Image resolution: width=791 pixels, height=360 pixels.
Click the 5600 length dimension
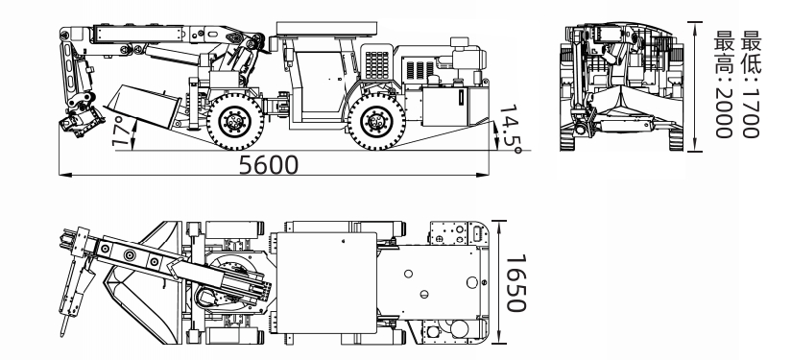point(269,165)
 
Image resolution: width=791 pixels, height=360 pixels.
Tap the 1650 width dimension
point(515,283)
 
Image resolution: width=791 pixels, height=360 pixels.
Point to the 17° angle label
point(120,132)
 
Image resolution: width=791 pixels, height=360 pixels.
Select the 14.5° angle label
point(511,129)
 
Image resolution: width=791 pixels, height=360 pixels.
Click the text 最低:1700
point(750,84)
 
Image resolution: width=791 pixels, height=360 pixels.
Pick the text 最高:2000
point(724,84)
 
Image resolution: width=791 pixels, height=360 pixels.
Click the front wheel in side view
point(235,122)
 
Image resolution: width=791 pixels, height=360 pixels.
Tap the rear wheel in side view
point(376,122)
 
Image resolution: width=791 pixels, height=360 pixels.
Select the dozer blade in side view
point(144,106)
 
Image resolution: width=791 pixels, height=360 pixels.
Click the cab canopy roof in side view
point(326,29)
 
